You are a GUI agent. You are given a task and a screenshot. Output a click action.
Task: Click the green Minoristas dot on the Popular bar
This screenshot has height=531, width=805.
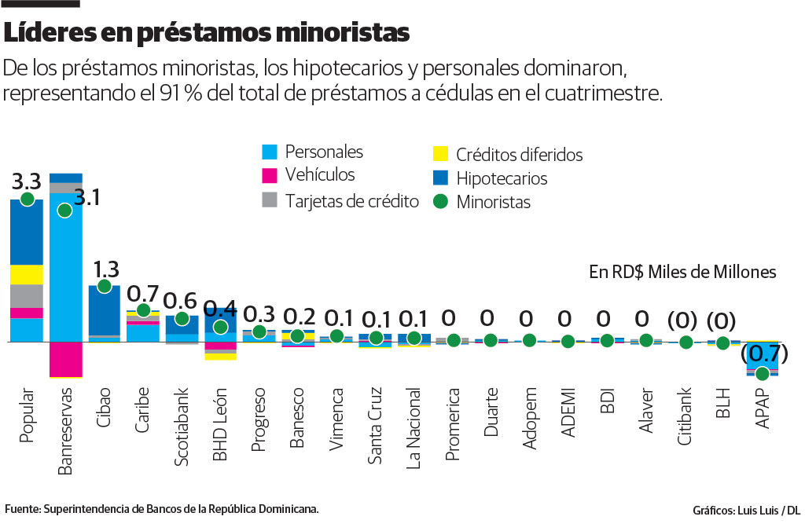(x=27, y=200)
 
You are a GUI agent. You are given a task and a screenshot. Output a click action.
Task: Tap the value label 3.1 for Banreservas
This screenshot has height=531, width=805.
(x=86, y=196)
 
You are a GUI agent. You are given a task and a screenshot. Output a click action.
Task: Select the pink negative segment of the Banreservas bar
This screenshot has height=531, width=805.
(x=65, y=360)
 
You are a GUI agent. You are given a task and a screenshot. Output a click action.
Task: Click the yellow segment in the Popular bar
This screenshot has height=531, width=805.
(x=27, y=274)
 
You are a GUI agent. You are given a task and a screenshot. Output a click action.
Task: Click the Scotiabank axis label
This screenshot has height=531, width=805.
(x=182, y=427)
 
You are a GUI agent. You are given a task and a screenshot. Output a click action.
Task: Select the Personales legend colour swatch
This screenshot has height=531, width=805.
(x=269, y=152)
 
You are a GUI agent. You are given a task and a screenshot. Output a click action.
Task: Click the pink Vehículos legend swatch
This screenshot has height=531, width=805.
(x=269, y=175)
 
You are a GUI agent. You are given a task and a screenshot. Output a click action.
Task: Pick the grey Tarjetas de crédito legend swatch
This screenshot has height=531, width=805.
(x=269, y=201)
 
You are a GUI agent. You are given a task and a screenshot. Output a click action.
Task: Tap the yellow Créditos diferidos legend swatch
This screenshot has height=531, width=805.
(x=440, y=155)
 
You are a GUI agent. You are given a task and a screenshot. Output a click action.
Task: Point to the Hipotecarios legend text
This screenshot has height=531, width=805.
(x=502, y=178)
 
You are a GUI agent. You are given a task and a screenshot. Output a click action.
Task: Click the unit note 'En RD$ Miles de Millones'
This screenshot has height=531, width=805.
(x=682, y=272)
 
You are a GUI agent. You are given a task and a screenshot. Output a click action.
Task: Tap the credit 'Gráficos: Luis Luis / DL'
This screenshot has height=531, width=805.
(x=746, y=510)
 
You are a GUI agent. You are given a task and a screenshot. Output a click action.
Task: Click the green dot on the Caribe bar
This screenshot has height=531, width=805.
(x=143, y=310)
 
